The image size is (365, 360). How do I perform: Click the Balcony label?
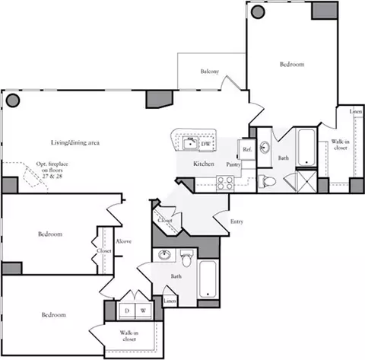210,72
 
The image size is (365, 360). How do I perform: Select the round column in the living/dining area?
12,99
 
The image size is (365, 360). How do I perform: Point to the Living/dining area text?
76,142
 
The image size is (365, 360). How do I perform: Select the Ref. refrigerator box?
247,149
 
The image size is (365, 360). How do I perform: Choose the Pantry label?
233,164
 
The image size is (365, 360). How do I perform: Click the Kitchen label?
202,164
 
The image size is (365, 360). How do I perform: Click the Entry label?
237,221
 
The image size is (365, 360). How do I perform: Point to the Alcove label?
123,241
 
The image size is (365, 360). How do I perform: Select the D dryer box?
127,311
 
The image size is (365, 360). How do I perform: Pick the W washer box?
142,311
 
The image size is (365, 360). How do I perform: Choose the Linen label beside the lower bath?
170,301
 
